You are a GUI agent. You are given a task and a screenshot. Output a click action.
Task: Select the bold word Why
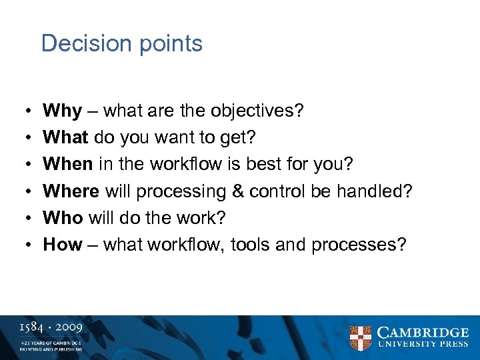click(62, 111)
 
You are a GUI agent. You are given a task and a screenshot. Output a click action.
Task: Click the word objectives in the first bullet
click(254, 111)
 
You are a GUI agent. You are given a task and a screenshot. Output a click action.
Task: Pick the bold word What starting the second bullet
click(65, 137)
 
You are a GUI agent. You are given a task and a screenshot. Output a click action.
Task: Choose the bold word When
click(69, 164)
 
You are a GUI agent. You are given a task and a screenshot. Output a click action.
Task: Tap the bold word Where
click(71, 191)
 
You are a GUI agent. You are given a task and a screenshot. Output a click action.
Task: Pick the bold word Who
click(63, 217)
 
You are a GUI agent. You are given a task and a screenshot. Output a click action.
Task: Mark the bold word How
click(62, 244)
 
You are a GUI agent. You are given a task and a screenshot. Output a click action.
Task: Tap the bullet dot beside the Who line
click(22, 218)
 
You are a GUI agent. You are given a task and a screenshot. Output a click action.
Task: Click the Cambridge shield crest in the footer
click(361, 337)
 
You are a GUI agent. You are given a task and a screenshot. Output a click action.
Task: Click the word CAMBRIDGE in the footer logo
click(423, 332)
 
